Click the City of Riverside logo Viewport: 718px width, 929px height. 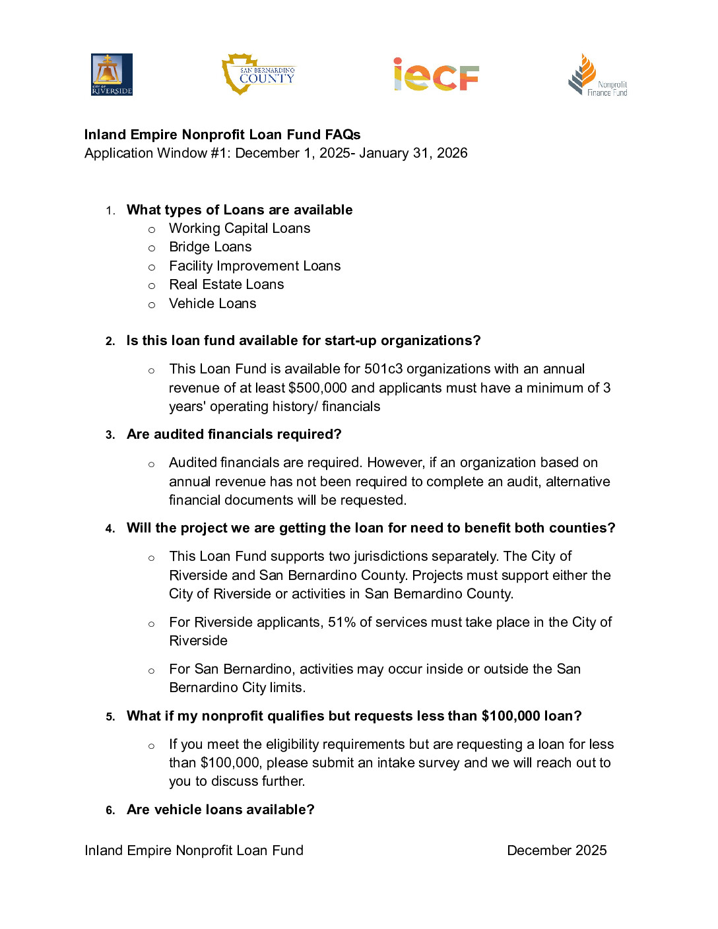(112, 75)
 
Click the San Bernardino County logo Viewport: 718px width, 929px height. (259, 74)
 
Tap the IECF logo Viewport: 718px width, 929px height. (436, 75)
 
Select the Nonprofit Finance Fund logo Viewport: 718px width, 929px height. (597, 75)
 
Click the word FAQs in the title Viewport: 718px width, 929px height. (343, 135)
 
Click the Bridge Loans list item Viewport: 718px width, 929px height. (211, 247)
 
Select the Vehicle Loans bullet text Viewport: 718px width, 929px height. (212, 304)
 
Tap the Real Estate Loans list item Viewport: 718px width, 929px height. (226, 284)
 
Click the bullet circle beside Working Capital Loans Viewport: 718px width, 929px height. (152, 230)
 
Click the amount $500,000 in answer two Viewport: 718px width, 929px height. (318, 388)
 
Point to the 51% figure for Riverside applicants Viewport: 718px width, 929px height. (342, 622)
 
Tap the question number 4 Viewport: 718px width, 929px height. (110, 529)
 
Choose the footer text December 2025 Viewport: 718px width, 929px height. (556, 850)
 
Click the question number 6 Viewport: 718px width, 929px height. (110, 810)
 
